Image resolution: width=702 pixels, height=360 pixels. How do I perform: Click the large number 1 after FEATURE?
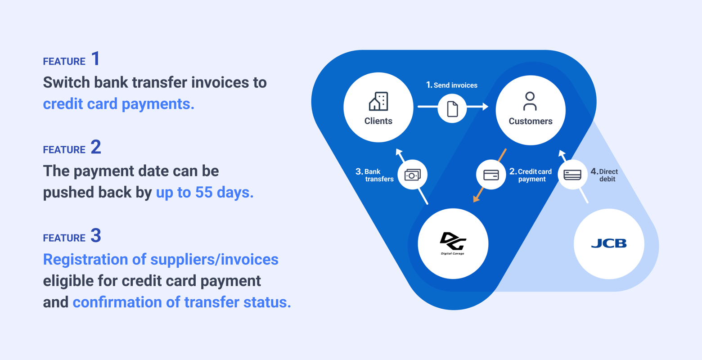(x=96, y=58)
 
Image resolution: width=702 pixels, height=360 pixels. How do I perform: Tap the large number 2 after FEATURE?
(x=96, y=147)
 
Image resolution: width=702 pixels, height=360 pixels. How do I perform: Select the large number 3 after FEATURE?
(x=96, y=235)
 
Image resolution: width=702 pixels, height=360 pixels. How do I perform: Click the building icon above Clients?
(x=378, y=101)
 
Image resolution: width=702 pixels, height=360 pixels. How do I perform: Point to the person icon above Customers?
(x=530, y=101)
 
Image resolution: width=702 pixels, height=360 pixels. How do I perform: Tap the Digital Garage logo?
(x=453, y=243)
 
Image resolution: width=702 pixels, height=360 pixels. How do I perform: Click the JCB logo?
(x=609, y=243)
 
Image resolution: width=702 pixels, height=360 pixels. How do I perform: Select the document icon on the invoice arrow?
(x=452, y=109)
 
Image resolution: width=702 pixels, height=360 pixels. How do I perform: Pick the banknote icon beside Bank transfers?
(x=412, y=175)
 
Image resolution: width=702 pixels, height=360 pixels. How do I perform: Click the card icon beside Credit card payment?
(x=491, y=175)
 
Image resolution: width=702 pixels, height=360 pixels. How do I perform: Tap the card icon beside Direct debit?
(x=572, y=175)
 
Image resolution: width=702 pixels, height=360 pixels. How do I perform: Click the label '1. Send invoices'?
(x=452, y=85)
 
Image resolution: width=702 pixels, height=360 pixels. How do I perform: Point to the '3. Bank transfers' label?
(x=374, y=175)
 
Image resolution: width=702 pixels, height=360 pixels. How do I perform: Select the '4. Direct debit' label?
(x=604, y=175)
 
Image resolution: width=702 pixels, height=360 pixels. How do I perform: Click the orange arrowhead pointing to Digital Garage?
(x=477, y=198)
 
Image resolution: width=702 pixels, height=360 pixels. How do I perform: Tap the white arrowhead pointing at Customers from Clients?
(x=486, y=107)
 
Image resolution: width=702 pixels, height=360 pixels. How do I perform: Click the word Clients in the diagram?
(x=378, y=121)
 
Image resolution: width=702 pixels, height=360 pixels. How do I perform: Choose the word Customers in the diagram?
(x=530, y=121)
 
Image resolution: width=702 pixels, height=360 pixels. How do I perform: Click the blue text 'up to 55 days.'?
(x=205, y=193)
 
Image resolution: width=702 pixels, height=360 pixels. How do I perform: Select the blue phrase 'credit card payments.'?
(x=118, y=104)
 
